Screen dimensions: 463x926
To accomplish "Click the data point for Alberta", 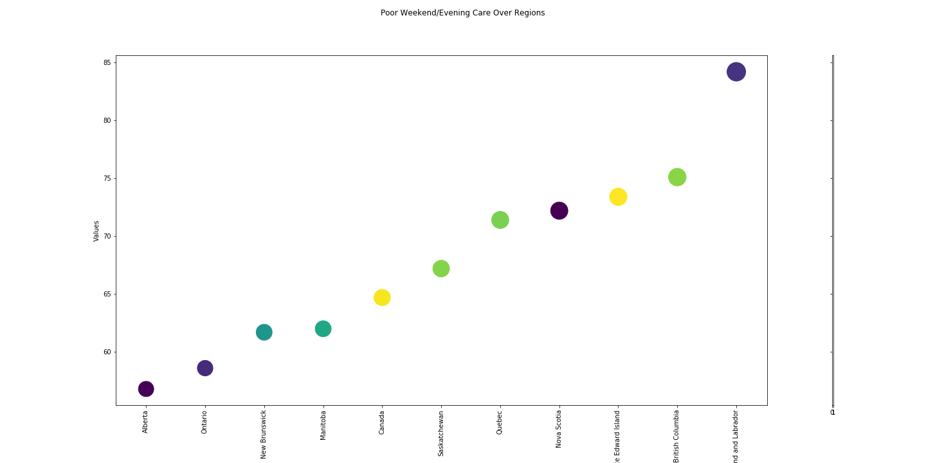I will (146, 389).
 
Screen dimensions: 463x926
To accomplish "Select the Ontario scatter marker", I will (205, 368).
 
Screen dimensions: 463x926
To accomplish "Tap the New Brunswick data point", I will (264, 332).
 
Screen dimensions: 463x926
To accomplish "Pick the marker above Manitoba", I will (323, 329).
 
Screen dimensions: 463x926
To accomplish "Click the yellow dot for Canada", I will (382, 297).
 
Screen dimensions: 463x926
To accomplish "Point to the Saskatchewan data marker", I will (441, 269).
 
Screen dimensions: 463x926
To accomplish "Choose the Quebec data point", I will (500, 220).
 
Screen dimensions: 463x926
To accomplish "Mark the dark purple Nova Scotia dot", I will (559, 211).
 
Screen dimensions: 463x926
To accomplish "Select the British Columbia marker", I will (677, 177).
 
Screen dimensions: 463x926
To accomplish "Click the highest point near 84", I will (736, 72).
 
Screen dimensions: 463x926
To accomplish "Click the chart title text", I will (462, 13).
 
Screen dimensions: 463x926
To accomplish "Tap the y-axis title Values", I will (96, 231).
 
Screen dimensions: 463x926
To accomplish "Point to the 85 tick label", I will (107, 62).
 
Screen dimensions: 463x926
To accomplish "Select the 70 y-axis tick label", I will (107, 236).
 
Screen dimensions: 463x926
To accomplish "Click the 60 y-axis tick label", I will (107, 352).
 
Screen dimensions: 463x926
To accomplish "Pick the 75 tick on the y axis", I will (107, 178).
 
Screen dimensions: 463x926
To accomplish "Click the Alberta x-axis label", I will (146, 422).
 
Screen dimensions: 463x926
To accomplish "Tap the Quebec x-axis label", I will (500, 422).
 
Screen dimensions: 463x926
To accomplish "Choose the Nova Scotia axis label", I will (559, 429).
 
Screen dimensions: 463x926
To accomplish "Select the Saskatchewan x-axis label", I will (441, 433).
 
